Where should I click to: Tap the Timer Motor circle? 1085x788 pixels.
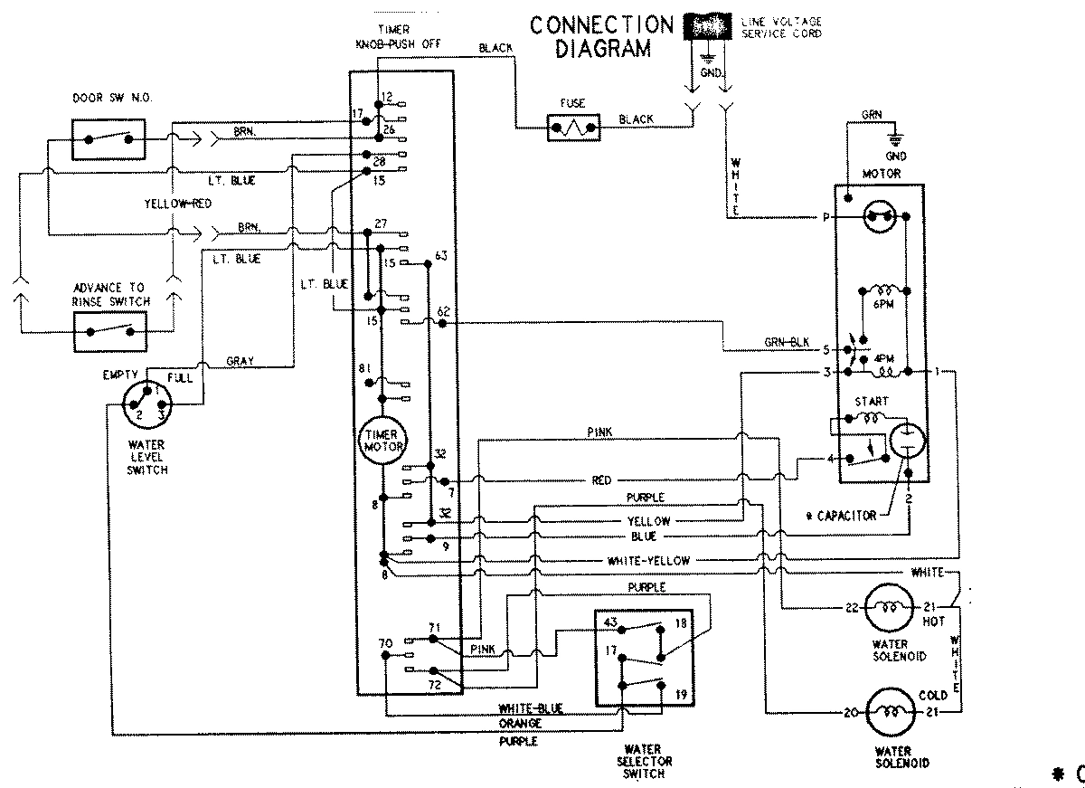click(x=382, y=441)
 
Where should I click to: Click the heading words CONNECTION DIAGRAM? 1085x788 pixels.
click(x=602, y=36)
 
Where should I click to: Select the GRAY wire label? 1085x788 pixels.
click(x=240, y=361)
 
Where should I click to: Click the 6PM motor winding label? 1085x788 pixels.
click(x=883, y=306)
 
